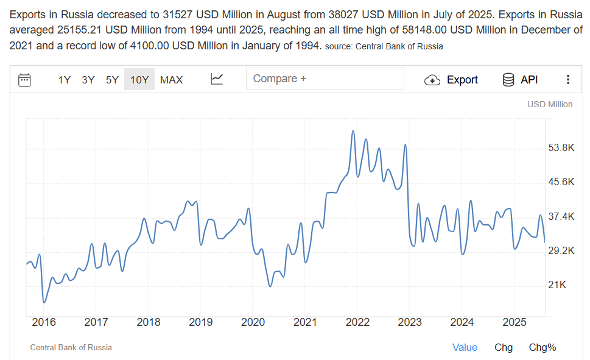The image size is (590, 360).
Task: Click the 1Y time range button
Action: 65,80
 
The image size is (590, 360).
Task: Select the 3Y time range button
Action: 88,80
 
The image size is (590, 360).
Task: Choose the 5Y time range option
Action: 112,80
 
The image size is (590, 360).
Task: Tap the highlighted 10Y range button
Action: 139,80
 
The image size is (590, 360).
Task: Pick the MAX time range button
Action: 171,80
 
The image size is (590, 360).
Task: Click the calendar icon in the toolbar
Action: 25,80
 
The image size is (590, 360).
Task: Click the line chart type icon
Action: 217,79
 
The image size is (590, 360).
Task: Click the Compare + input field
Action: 325,79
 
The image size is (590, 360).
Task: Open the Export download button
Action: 451,80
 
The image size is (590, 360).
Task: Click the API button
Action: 520,80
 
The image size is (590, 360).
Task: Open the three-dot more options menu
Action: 567,80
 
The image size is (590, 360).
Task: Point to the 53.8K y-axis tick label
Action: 561,147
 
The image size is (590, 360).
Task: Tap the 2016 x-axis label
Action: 44,322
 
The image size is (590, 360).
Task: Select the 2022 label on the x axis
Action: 357,322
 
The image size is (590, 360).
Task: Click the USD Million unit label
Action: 550,104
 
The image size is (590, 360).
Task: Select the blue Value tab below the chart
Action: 465,347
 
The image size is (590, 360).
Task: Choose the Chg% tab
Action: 542,347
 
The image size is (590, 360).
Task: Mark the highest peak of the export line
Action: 353,131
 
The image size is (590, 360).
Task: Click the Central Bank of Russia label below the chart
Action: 71,347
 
